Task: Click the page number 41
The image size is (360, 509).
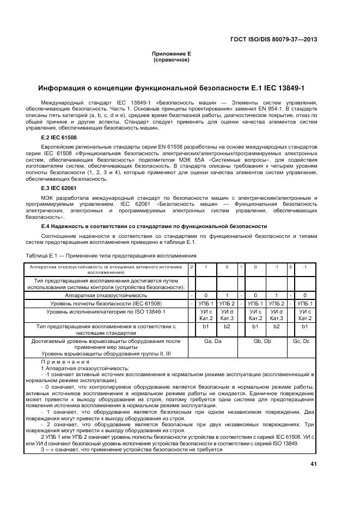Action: [x=313, y=464]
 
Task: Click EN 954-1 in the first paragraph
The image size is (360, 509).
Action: [x=287, y=108]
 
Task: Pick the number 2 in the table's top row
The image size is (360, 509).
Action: [x=192, y=267]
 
